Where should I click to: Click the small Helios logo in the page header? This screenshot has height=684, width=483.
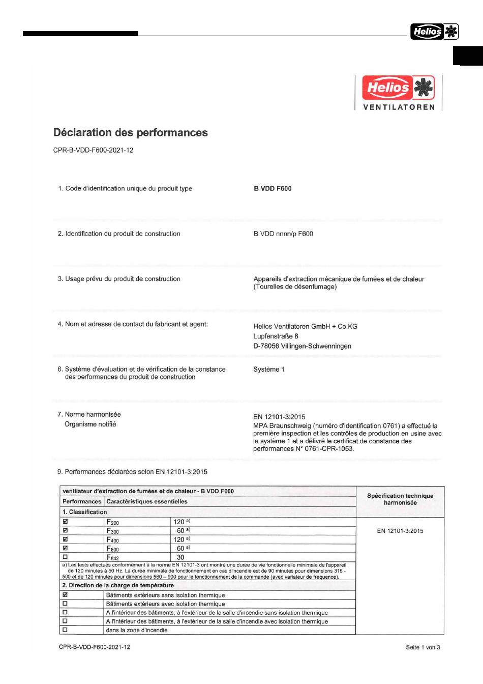434,32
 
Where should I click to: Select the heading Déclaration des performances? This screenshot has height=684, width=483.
131,132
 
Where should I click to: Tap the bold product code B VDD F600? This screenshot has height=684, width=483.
273,188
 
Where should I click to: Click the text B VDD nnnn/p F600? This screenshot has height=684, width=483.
283,234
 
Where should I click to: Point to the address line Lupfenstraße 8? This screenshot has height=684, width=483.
276,336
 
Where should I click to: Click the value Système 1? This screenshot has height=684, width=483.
269,369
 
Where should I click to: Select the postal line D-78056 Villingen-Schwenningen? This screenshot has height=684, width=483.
302,346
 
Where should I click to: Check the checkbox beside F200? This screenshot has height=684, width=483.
65,522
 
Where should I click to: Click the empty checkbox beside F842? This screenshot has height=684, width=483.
65,557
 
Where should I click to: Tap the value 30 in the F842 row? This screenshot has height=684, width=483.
180,557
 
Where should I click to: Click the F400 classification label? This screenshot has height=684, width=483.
112,540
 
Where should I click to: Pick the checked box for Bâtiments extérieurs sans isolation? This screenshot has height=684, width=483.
65,594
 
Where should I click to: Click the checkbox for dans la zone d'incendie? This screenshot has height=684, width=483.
65,630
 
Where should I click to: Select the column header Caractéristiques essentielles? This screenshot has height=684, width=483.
147,501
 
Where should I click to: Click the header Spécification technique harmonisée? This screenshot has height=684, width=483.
400,499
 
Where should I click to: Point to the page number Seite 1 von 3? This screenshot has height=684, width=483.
422,647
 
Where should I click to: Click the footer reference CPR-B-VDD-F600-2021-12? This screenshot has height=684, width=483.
95,647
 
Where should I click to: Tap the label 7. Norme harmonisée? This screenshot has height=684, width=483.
89,414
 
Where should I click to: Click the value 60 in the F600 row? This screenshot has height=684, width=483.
180,548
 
